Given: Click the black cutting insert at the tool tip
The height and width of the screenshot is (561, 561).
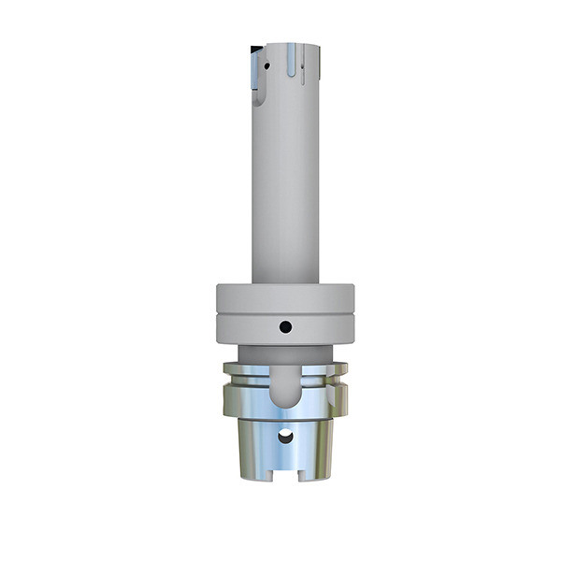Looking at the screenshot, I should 254,47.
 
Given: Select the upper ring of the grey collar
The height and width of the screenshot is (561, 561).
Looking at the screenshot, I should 286,297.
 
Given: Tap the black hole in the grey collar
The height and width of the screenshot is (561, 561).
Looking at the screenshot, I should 286,327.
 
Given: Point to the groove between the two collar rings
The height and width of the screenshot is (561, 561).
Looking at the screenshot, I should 286,312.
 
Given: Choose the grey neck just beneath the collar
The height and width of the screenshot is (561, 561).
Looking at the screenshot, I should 286,353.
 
